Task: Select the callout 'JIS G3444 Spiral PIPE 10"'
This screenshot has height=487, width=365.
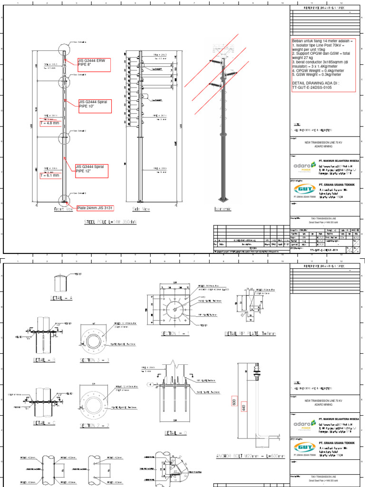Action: [95, 106]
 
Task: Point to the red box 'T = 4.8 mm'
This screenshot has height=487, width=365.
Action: [50, 124]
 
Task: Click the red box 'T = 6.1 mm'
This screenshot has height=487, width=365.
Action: [50, 175]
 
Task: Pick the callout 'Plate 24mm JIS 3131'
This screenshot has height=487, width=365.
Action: [96, 208]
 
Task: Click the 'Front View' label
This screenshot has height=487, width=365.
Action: [63, 209]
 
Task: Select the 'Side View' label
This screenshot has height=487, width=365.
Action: [141, 209]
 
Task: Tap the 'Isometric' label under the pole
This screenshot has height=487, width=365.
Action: [223, 209]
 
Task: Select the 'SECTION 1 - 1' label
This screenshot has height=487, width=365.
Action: [175, 333]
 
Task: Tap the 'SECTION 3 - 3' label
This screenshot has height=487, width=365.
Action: [95, 360]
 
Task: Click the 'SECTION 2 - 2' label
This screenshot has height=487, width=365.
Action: [95, 425]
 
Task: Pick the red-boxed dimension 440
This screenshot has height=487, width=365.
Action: [244, 408]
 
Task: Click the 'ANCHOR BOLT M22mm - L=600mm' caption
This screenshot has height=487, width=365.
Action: [250, 457]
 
